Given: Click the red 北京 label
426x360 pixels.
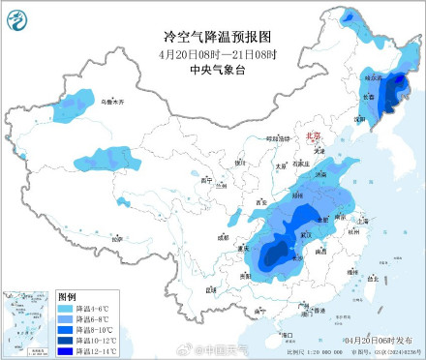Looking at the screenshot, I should click(x=311, y=138).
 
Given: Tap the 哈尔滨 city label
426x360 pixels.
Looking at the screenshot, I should click(x=373, y=76).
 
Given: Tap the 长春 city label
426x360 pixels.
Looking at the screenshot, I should click(x=368, y=97).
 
